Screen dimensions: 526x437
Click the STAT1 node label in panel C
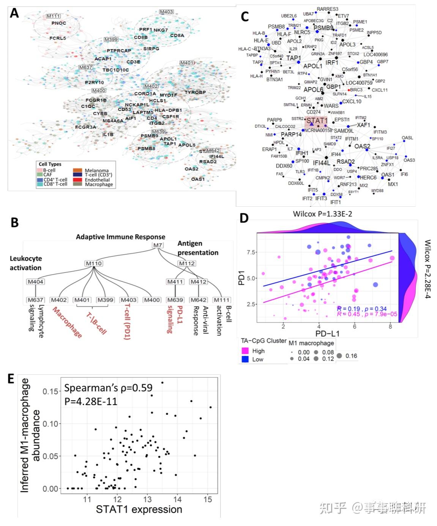317,120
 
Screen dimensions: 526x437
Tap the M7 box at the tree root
158,245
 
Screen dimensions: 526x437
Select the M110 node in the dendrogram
94,263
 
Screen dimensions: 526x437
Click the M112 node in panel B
187,263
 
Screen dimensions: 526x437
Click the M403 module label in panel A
166,12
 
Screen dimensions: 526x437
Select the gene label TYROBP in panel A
195,92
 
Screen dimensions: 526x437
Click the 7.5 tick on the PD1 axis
250,252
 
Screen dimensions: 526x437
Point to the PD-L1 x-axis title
327,334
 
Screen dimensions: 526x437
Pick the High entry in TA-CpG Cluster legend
258,351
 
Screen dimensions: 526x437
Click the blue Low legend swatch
245,359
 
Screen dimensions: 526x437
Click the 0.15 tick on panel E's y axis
50,391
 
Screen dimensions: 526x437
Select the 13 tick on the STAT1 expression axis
147,499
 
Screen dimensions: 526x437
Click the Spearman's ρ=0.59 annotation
108,388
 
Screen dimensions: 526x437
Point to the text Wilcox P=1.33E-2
322,214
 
